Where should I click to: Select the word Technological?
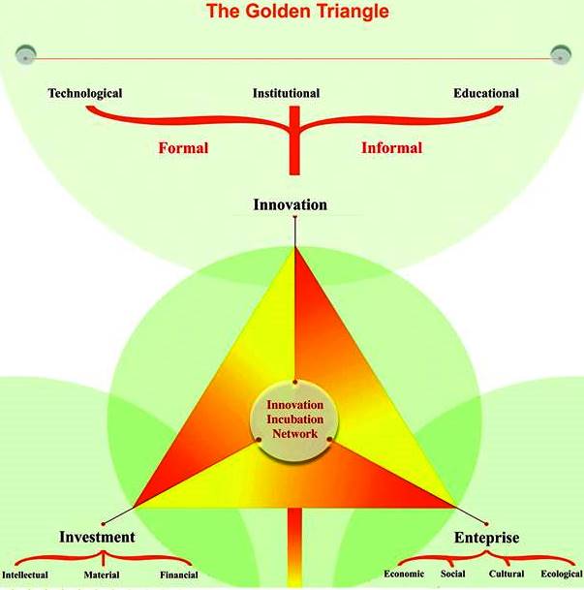tap(85, 94)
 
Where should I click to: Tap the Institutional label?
tap(287, 94)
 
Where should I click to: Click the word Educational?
tap(486, 94)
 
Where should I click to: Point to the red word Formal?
tap(183, 149)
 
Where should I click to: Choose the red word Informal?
tap(391, 149)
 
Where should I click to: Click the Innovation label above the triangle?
tap(291, 204)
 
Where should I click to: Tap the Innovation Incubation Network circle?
tap(294, 419)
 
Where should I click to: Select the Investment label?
tap(97, 538)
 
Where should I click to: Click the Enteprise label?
tap(487, 538)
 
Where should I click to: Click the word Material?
tap(102, 575)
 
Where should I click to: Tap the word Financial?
tap(178, 575)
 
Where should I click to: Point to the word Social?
tap(465, 574)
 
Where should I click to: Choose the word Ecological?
tap(561, 574)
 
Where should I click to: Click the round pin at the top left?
tap(26, 52)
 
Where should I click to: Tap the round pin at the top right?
tap(561, 52)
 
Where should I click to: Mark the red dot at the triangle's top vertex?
tap(295, 219)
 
